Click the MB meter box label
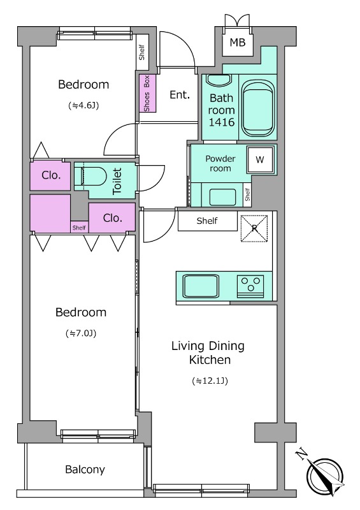[238, 42]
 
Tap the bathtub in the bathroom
[258, 108]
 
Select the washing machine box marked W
[260, 159]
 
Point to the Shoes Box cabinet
[147, 93]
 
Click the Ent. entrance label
[180, 94]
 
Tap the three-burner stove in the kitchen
[250, 286]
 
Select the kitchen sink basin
[201, 286]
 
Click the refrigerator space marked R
[254, 228]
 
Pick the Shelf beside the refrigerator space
[208, 221]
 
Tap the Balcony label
[85, 469]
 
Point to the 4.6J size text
[83, 105]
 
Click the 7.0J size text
[81, 333]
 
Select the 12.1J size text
[210, 381]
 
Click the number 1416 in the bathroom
[222, 122]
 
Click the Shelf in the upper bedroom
[142, 52]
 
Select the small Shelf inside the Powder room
[247, 194]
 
